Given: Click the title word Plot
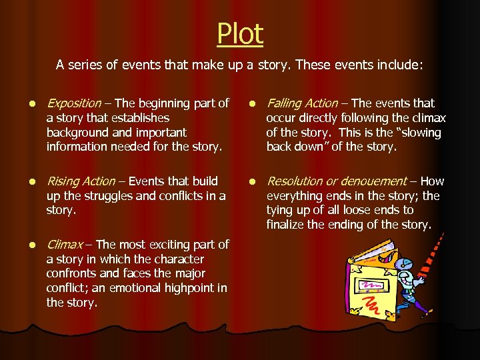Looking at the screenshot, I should pyautogui.click(x=240, y=34).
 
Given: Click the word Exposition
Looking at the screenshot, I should pyautogui.click(x=73, y=103).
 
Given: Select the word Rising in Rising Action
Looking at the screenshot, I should pyautogui.click(x=63, y=181).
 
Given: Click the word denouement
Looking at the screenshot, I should pyautogui.click(x=376, y=181).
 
